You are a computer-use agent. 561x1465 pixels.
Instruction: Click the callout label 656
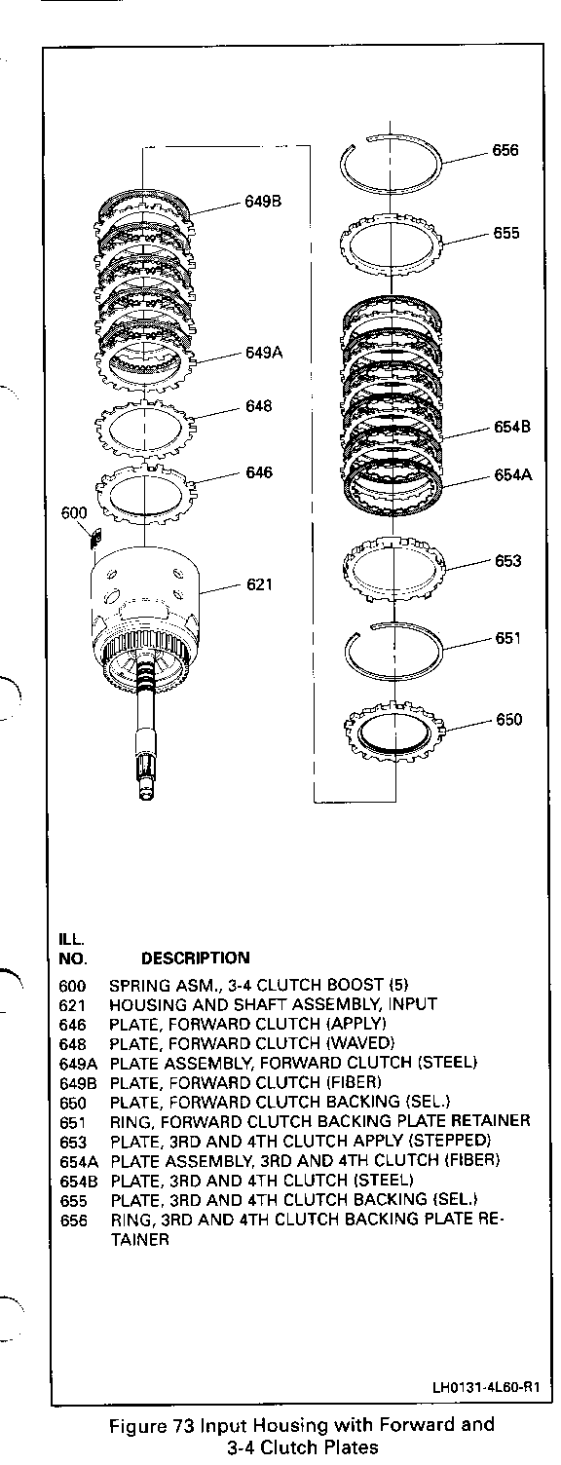[505, 150]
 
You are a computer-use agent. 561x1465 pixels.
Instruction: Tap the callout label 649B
[264, 202]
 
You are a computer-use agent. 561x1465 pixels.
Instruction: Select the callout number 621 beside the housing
[260, 584]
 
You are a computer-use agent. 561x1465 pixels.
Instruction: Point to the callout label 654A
[513, 474]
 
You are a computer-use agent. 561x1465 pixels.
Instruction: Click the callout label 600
[74, 512]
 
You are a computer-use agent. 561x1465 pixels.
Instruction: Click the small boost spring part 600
[95, 539]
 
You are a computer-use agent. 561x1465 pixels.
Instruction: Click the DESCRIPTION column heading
[196, 958]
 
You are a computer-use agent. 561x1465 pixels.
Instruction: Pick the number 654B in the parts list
[78, 1181]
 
